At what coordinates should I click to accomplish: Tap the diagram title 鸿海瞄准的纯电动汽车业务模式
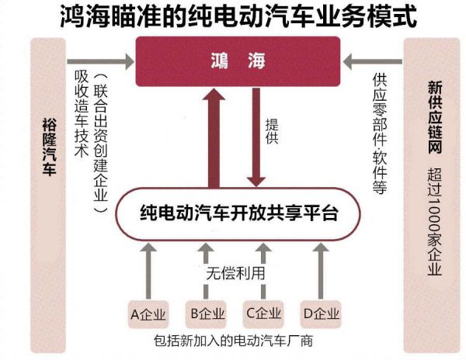pyautogui.click(x=233, y=16)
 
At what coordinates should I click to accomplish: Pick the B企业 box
pyautogui.click(x=206, y=314)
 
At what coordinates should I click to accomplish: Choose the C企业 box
pyautogui.click(x=263, y=314)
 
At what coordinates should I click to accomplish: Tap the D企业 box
pyautogui.click(x=322, y=314)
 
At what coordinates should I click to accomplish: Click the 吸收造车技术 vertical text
pyautogui.click(x=78, y=116)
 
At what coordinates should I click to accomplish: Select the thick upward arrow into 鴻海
pyautogui.click(x=214, y=136)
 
